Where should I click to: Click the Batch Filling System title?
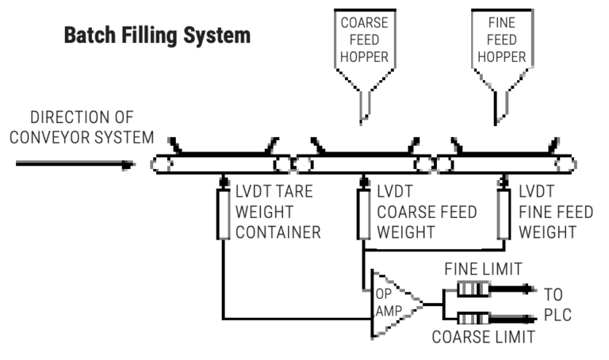click(157, 36)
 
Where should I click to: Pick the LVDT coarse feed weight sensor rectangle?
click(363, 213)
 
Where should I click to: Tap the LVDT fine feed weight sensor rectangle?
click(503, 213)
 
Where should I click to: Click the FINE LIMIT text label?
click(483, 270)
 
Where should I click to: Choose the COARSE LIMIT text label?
click(482, 337)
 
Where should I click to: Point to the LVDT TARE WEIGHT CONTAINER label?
click(278, 213)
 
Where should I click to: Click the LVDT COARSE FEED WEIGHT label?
click(427, 213)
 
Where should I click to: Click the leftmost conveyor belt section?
click(223, 164)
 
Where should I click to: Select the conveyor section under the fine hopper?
click(503, 164)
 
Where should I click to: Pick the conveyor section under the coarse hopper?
click(363, 164)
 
